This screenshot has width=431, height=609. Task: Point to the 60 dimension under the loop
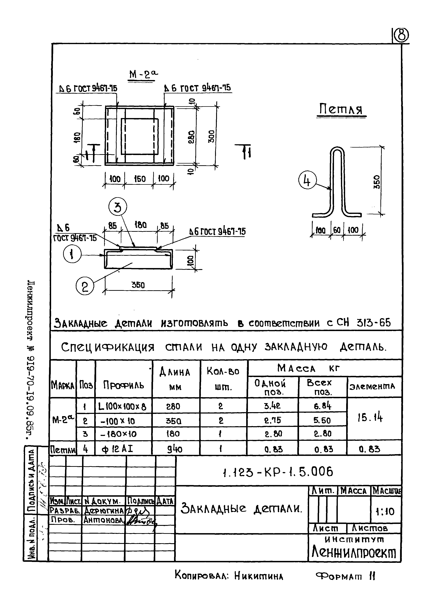click(x=337, y=230)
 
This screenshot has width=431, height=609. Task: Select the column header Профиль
click(x=123, y=385)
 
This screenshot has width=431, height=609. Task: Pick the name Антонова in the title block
click(x=104, y=520)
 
